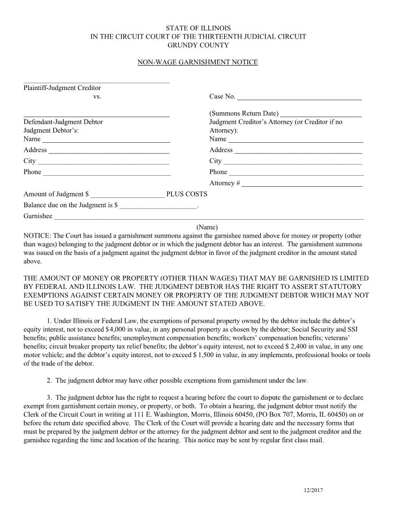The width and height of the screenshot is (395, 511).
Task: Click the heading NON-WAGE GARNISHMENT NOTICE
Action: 197,62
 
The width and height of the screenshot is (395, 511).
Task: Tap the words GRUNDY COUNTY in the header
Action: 197,45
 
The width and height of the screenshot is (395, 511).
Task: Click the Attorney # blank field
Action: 302,185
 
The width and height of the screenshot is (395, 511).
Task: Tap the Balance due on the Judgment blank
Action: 158,207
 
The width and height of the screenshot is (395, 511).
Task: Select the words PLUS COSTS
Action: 187,194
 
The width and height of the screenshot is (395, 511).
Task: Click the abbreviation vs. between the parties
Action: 97,96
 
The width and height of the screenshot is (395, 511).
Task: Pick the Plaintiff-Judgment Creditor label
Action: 62,88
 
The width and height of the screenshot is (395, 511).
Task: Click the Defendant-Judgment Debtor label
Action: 63,122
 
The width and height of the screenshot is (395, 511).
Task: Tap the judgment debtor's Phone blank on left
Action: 107,173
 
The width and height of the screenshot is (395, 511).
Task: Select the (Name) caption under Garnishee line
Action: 207,227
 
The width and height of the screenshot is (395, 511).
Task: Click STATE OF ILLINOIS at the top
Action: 198,28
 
